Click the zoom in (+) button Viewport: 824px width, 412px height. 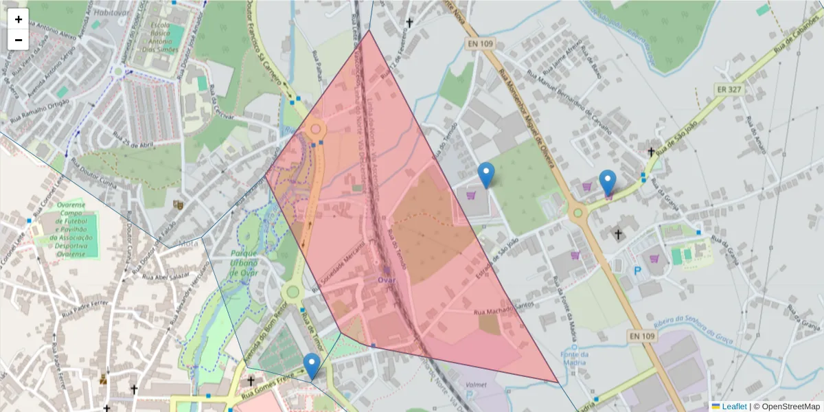point(19,19)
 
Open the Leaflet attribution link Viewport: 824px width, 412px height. point(734,407)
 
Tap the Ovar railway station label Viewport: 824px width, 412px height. point(386,279)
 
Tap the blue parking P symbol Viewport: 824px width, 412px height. point(637,271)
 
